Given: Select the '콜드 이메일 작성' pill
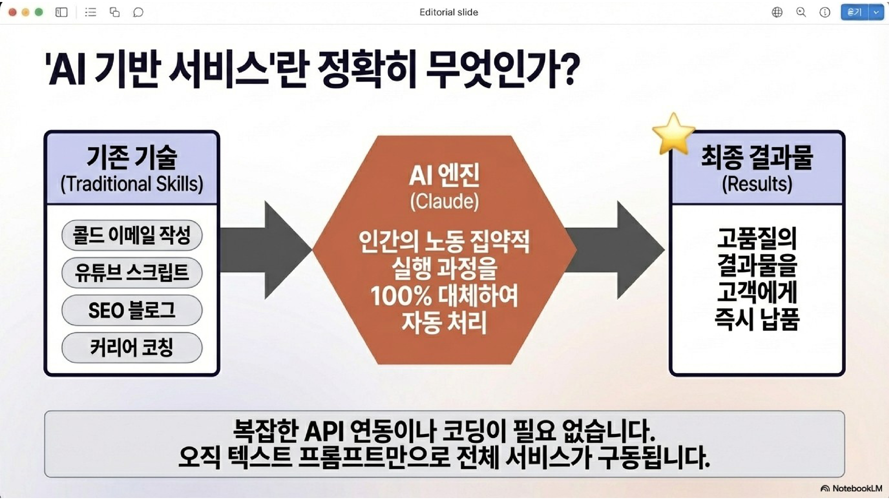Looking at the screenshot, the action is click(x=132, y=235).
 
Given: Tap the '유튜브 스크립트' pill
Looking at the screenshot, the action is click(x=132, y=272).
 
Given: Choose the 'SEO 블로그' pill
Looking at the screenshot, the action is click(x=132, y=310).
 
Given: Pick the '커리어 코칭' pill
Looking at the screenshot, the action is click(x=132, y=347).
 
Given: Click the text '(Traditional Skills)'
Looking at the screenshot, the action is click(x=132, y=184).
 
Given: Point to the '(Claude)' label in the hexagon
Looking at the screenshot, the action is click(x=444, y=201).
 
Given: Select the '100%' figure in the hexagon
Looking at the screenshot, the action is click(x=400, y=296).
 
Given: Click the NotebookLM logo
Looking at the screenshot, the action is click(x=851, y=488).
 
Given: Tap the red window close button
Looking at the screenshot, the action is click(x=13, y=12).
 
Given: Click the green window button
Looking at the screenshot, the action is click(x=39, y=12).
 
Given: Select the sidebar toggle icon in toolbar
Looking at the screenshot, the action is click(x=61, y=12).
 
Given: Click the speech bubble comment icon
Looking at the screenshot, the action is click(x=138, y=12).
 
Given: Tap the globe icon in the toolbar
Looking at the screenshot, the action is click(x=777, y=12).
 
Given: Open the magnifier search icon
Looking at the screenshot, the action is click(x=801, y=12).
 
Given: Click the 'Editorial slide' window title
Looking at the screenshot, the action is click(x=449, y=12).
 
